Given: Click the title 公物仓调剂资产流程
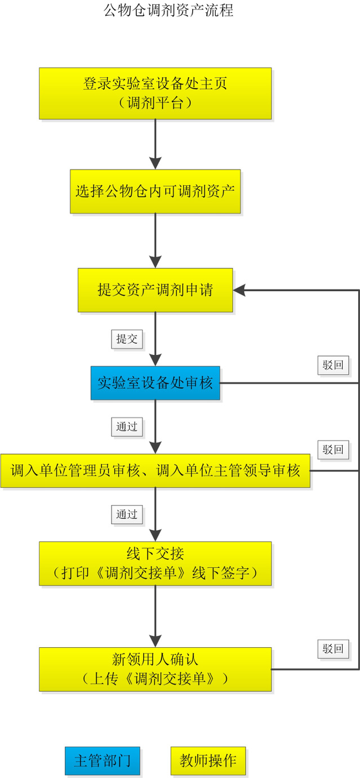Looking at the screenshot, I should click(x=168, y=10).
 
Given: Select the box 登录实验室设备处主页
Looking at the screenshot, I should click(x=155, y=94).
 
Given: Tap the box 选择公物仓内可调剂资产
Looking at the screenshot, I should click(x=155, y=191).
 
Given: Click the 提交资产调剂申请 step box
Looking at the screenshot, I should click(x=155, y=290).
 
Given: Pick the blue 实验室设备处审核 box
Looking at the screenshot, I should click(x=155, y=383).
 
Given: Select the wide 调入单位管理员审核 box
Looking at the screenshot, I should click(x=155, y=471).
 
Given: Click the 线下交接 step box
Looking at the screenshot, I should click(x=155, y=564).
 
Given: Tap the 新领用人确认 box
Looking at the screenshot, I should click(x=155, y=669).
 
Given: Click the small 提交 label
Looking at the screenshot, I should click(x=127, y=339).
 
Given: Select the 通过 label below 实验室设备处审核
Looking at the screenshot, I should click(x=127, y=427).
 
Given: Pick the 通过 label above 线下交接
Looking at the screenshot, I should click(x=127, y=515).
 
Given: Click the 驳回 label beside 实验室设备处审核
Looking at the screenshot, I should click(x=332, y=365).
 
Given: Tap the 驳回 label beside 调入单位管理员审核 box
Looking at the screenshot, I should click(x=332, y=450).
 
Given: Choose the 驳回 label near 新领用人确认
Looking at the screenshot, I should click(x=332, y=648).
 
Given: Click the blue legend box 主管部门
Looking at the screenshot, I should click(x=102, y=761).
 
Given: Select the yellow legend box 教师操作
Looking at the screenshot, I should click(x=208, y=761).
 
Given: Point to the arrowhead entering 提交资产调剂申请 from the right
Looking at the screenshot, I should click(x=240, y=290).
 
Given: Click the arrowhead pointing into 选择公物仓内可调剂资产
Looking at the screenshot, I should click(x=155, y=163).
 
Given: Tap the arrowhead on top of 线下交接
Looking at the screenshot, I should click(x=155, y=535).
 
